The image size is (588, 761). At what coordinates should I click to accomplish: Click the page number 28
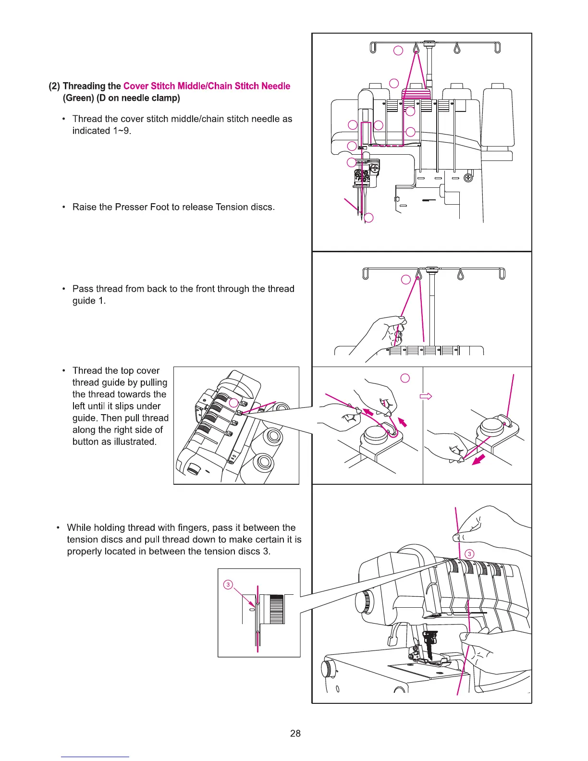pos(295,733)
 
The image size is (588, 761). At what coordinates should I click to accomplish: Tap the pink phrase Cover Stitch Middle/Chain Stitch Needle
pos(207,86)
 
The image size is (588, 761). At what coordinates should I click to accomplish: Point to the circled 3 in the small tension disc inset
pos(228,585)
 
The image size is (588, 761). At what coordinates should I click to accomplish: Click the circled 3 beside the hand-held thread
pos(470,554)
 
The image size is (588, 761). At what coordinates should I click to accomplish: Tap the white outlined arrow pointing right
pos(426,396)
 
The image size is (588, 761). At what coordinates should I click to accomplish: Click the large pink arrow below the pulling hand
pos(478,460)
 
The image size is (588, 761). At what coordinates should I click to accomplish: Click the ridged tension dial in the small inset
pos(276,609)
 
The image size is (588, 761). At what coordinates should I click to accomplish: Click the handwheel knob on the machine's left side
pos(363,601)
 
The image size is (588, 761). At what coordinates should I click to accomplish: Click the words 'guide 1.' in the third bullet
pos(89,301)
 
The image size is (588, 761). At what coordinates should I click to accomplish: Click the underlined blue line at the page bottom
pos(95,757)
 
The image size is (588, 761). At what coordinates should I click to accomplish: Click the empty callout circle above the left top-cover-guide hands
pos(405,378)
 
